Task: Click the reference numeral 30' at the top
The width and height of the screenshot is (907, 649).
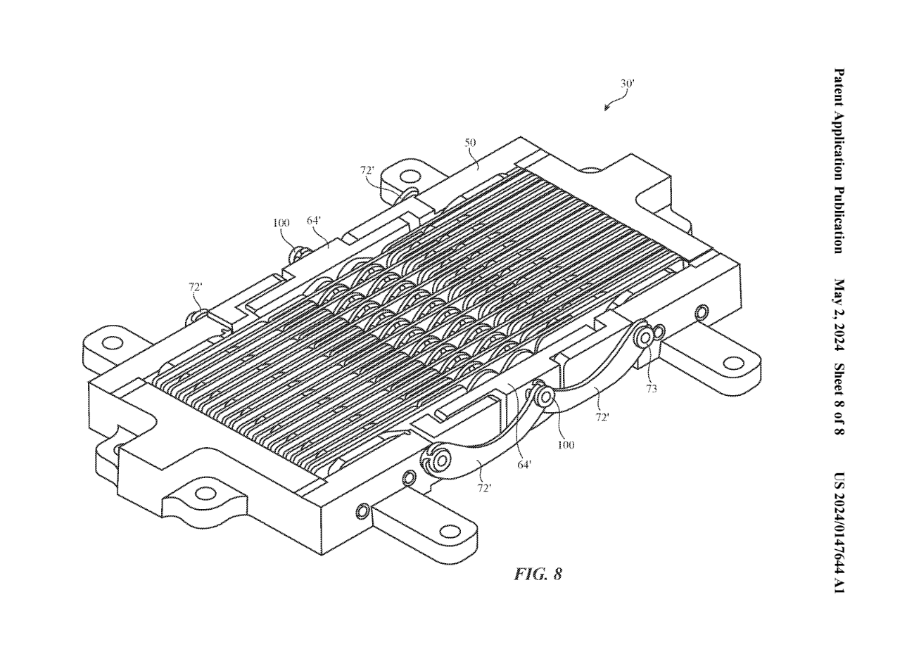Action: [627, 83]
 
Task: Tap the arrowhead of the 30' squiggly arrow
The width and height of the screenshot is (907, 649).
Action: [607, 109]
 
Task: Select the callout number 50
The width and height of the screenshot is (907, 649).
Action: [471, 142]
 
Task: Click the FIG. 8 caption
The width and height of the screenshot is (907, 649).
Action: [538, 573]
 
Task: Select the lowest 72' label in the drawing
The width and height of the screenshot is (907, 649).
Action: [484, 488]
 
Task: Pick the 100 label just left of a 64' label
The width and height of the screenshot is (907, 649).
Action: [281, 223]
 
